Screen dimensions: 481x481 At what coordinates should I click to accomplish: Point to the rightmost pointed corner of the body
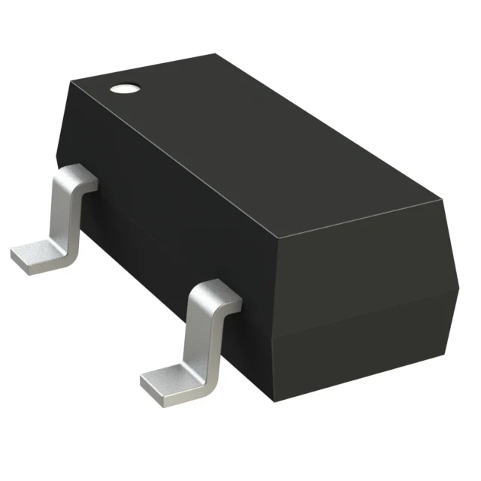pos(459,289)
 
